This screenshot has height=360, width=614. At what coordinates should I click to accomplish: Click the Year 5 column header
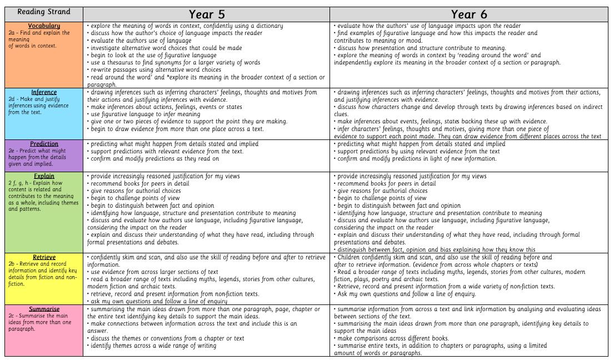tap(206, 14)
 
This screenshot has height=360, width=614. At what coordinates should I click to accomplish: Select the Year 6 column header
tap(468, 14)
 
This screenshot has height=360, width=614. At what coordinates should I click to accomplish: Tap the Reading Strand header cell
tap(43, 12)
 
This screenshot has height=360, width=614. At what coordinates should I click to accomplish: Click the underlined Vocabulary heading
tap(44, 26)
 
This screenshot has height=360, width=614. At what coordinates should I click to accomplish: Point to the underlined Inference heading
tap(44, 92)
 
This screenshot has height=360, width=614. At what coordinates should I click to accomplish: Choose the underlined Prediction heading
tap(44, 144)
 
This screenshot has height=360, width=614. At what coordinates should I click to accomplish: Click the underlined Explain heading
tap(44, 176)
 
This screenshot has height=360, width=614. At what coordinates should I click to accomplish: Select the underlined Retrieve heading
tap(44, 257)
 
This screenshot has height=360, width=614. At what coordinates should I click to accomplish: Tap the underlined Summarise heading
tap(44, 309)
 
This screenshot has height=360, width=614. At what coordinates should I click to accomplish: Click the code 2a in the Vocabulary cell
tap(11, 33)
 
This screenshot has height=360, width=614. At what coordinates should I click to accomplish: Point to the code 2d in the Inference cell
tap(11, 99)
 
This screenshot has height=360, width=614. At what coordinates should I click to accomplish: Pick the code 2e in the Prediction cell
tap(11, 151)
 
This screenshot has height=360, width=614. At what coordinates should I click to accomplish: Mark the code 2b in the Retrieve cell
tap(11, 264)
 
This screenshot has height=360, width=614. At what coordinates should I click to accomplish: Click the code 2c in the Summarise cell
tap(11, 316)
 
